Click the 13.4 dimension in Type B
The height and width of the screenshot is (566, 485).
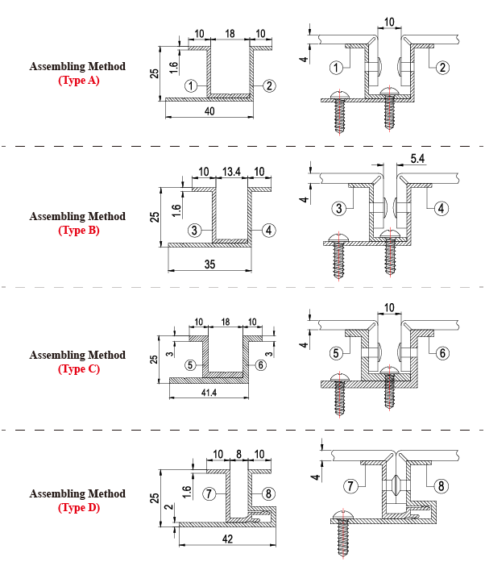(231, 172)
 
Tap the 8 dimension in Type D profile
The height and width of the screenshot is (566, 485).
(239, 454)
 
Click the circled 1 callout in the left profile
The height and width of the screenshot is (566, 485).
(191, 85)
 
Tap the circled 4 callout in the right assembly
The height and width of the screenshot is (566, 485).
(441, 208)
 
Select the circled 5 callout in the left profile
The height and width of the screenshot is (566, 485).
(190, 364)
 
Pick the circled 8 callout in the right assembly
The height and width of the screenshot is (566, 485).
(441, 485)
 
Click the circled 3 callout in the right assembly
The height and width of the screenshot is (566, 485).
(340, 208)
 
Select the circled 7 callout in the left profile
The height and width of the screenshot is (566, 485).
(209, 493)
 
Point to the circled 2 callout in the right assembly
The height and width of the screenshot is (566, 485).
(442, 68)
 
